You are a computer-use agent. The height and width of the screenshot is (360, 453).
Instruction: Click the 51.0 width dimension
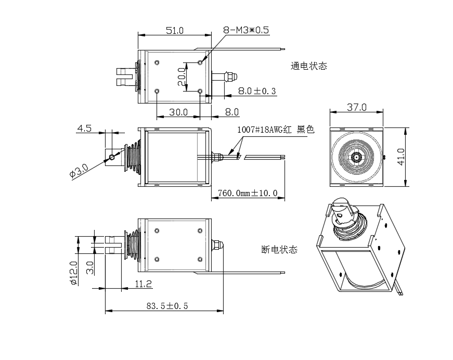click(x=175, y=30)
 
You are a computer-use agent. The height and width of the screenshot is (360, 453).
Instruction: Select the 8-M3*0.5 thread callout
click(x=245, y=30)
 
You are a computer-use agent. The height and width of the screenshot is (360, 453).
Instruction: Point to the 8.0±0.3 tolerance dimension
click(x=257, y=91)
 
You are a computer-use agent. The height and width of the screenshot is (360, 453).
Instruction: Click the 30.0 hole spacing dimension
click(x=178, y=112)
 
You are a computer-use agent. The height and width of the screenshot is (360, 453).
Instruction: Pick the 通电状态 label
click(x=309, y=66)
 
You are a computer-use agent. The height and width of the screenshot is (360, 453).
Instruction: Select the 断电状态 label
click(x=279, y=249)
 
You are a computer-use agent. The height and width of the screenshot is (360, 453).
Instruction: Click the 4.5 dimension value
click(x=85, y=128)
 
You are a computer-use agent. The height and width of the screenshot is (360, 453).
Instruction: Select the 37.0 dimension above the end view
click(x=357, y=108)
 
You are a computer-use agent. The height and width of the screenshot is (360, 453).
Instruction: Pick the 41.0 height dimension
click(x=400, y=156)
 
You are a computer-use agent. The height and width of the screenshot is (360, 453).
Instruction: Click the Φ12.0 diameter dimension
click(x=74, y=273)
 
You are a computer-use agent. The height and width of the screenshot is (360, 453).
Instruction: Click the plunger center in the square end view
click(x=357, y=156)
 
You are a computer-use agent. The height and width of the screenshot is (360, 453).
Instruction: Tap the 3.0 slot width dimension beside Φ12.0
click(x=90, y=267)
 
